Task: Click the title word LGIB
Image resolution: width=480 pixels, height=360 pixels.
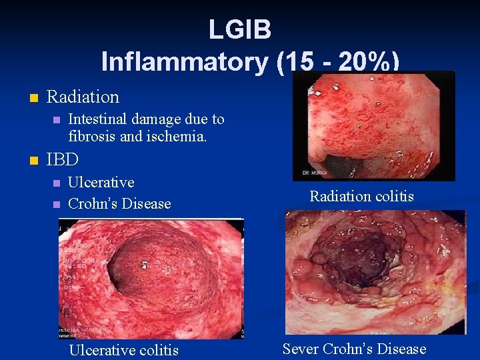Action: [x=239, y=29]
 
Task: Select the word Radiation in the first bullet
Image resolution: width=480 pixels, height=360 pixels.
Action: [x=83, y=97]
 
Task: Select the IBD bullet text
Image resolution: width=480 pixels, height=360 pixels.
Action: [x=63, y=160]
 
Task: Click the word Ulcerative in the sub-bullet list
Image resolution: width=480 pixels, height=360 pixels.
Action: [x=101, y=183]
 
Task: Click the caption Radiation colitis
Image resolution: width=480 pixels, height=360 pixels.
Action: [x=361, y=196]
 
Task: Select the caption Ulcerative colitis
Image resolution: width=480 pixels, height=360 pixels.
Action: [x=124, y=350]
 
